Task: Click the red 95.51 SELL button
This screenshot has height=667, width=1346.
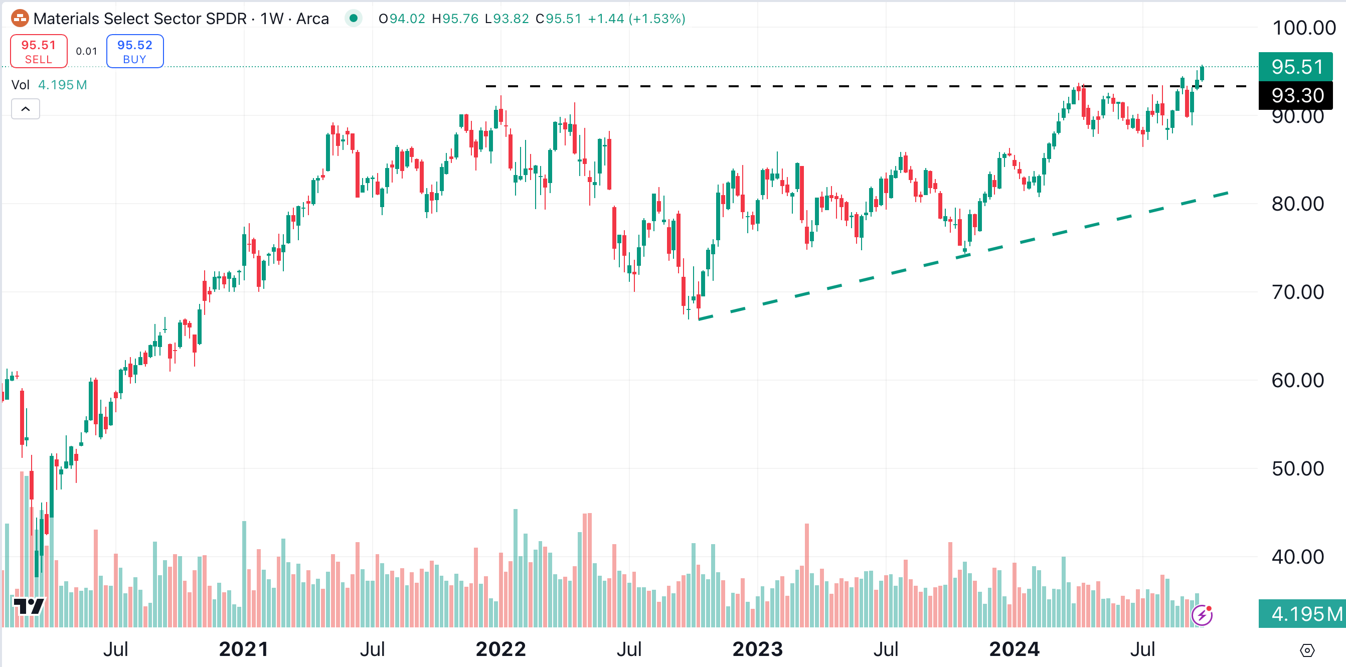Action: [x=39, y=51]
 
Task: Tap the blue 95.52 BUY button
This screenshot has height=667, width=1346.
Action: [x=135, y=51]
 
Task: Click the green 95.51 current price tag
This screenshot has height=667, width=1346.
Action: [x=1296, y=67]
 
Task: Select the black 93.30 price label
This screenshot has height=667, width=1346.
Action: [x=1296, y=95]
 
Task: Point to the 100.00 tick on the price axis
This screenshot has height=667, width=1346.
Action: [x=1304, y=28]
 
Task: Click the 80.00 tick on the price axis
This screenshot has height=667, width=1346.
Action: [x=1297, y=204]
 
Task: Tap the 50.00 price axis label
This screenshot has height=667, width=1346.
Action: [x=1297, y=469]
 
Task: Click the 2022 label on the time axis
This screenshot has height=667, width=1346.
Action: [x=500, y=649]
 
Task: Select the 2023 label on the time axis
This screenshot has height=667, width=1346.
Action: [x=757, y=649]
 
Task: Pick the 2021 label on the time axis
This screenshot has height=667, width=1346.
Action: [x=244, y=649]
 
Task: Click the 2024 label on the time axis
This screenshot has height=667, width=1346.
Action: [x=1014, y=649]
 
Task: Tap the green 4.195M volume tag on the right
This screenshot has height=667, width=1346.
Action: [x=1302, y=614]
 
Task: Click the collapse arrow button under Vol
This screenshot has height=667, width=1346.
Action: [x=26, y=109]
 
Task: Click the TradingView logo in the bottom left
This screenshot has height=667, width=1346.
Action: [x=29, y=606]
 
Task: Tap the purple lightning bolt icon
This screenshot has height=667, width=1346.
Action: [x=1202, y=615]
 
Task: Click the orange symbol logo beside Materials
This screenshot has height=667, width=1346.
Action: [x=20, y=19]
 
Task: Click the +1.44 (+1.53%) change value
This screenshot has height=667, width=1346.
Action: [x=636, y=19]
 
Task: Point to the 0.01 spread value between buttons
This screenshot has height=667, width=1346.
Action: [x=87, y=51]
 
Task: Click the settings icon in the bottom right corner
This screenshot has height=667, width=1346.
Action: [x=1307, y=651]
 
